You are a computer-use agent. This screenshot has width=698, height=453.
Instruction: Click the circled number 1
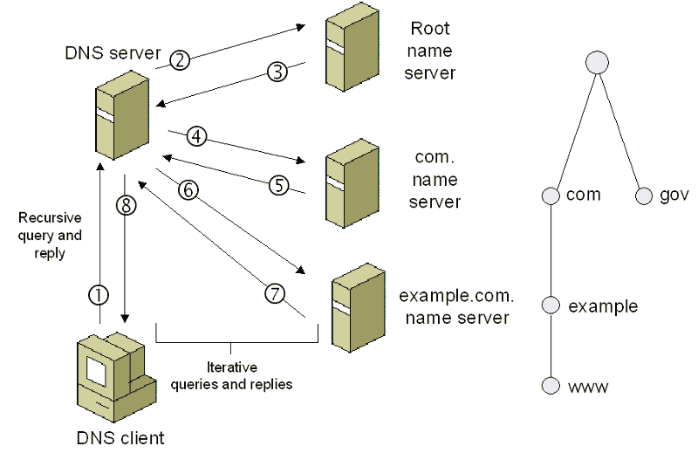[100, 295]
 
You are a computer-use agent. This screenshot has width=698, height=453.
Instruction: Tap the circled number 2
[180, 60]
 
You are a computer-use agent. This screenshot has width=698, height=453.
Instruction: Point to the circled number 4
[197, 136]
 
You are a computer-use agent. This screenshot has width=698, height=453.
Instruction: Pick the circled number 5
[277, 185]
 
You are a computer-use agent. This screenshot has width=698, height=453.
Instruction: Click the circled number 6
[188, 189]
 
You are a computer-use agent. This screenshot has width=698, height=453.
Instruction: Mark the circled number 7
[275, 294]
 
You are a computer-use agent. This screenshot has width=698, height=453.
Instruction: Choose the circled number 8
[127, 206]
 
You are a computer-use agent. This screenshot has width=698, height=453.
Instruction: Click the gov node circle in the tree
[645, 195]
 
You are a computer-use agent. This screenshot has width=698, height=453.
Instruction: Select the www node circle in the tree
[550, 386]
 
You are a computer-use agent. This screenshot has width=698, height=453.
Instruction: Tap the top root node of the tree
[597, 63]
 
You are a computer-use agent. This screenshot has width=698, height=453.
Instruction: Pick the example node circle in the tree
[550, 305]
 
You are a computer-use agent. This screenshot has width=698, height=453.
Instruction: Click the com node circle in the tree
[550, 195]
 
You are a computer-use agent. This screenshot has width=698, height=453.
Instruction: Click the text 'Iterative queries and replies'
[231, 375]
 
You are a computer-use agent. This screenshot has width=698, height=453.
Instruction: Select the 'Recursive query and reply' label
[51, 235]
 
